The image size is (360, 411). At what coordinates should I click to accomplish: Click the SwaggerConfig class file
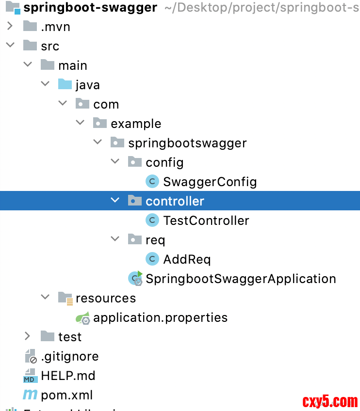(x=210, y=182)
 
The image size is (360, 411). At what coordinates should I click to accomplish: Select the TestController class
(x=206, y=221)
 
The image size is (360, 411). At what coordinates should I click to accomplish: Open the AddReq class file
(x=187, y=259)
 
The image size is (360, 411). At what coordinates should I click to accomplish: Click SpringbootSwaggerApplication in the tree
(x=241, y=279)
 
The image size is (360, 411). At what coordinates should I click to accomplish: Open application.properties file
(x=160, y=317)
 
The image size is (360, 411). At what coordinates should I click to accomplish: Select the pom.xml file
(x=66, y=395)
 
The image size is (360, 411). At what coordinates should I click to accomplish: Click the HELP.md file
(x=68, y=376)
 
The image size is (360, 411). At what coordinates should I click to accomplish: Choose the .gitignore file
(x=69, y=356)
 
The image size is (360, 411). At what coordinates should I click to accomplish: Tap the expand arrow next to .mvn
(x=10, y=27)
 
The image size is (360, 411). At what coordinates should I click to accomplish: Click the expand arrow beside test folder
(x=27, y=336)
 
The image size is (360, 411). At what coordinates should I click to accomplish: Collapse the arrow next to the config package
(x=115, y=162)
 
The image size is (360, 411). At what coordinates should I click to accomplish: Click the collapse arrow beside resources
(x=45, y=298)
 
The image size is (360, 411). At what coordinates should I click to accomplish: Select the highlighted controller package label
(x=175, y=201)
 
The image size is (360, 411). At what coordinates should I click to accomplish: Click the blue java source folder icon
(x=65, y=85)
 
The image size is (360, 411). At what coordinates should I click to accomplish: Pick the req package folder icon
(x=134, y=239)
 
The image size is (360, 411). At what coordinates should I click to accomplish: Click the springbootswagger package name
(x=187, y=143)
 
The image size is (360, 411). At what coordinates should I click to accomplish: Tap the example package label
(x=136, y=124)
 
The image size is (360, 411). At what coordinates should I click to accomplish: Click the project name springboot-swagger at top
(x=90, y=8)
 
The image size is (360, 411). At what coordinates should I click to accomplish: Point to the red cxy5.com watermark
(x=330, y=401)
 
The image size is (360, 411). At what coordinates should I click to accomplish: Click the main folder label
(x=73, y=65)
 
